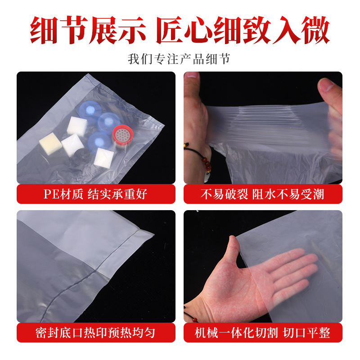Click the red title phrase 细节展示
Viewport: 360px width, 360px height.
[88, 31]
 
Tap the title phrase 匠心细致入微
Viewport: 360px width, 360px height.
[243, 31]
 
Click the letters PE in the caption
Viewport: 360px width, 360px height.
[50, 194]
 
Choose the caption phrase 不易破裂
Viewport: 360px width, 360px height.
[224, 194]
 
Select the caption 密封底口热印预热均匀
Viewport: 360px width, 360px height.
[95, 333]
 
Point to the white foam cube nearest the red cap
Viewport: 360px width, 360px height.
[104, 156]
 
